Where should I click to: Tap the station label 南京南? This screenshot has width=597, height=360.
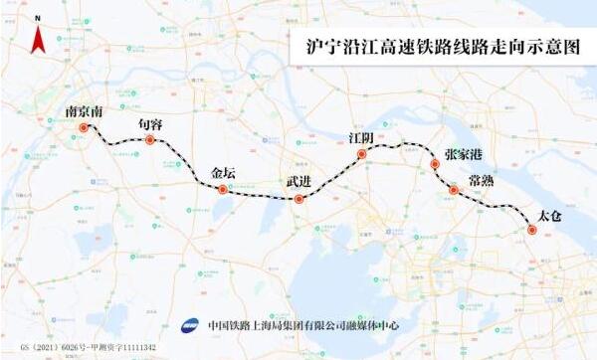tap(84, 112)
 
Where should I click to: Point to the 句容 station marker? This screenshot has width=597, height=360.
tap(150, 140)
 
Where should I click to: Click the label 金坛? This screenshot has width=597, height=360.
tap(226, 171)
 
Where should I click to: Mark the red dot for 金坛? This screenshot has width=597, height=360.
tap(224, 188)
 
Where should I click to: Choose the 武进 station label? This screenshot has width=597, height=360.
tap(298, 182)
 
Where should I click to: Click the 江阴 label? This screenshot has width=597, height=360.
tap(363, 137)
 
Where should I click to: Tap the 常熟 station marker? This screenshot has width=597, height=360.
tap(454, 189)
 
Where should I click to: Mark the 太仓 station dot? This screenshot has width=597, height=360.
tap(531, 230)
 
